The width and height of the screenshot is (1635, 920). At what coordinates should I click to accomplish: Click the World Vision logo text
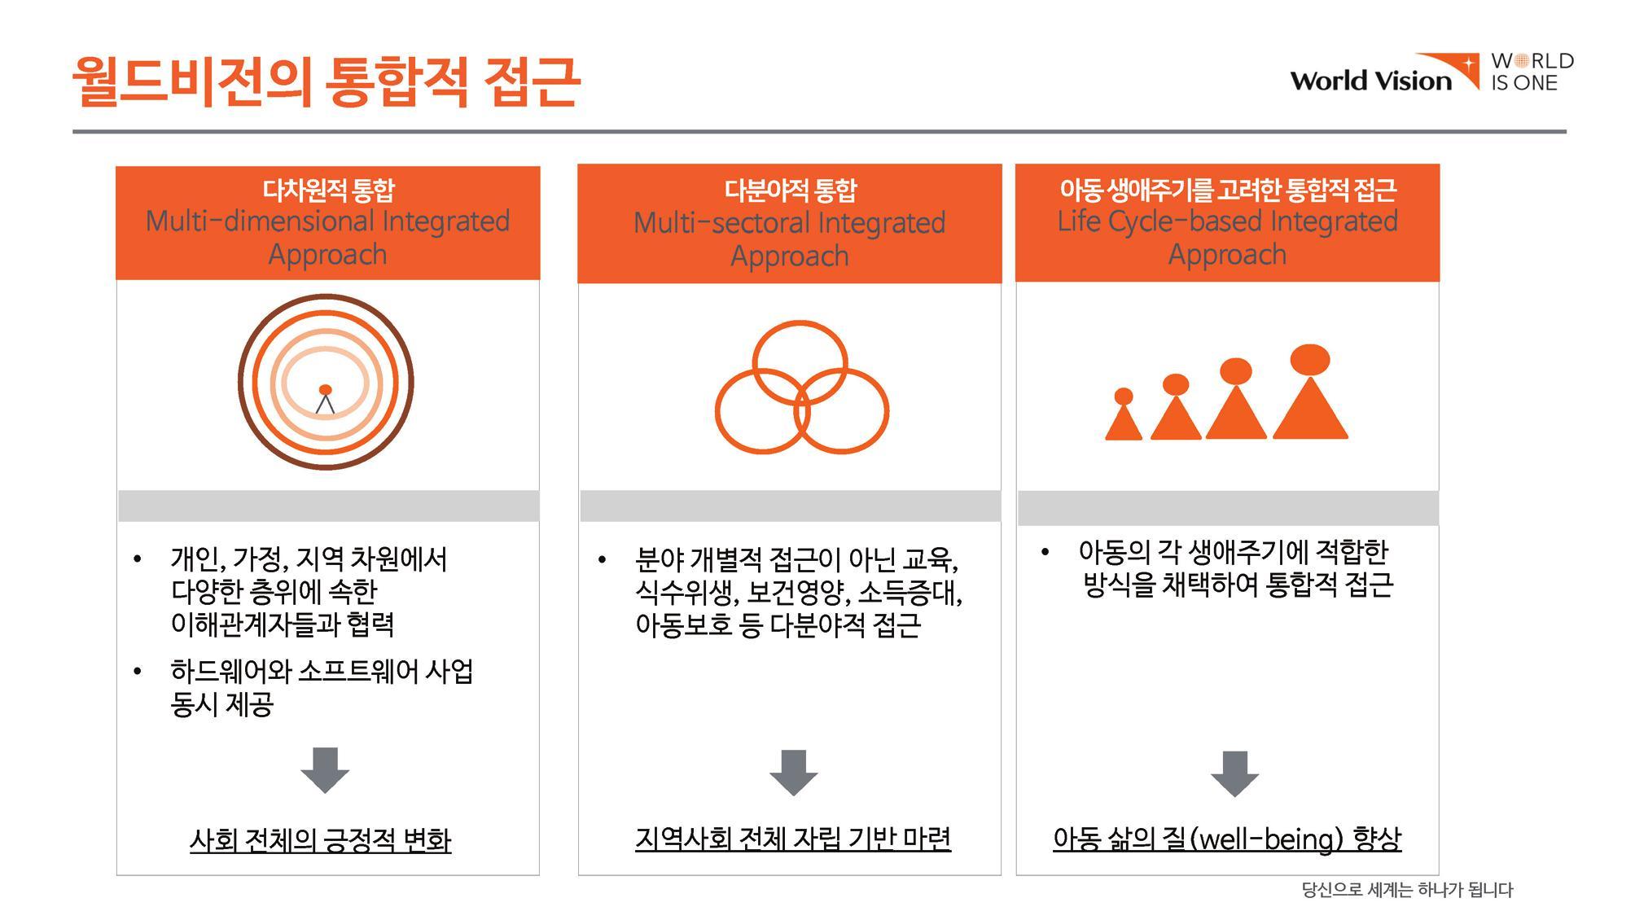[x=1371, y=81]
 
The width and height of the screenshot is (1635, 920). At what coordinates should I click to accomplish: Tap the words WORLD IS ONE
[x=1532, y=72]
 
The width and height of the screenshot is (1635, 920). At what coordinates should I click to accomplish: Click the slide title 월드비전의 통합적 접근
[x=326, y=81]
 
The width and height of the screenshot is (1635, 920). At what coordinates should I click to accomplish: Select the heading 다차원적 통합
[x=328, y=191]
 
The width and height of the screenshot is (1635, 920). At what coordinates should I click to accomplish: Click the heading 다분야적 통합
[x=790, y=191]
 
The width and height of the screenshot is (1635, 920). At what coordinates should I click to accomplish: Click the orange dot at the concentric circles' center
[x=325, y=389]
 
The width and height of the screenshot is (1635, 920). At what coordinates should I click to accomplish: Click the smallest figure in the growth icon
[x=1124, y=414]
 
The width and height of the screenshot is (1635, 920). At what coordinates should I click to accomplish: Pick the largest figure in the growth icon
[x=1310, y=392]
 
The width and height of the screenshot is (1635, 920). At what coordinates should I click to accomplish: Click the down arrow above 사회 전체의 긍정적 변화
[x=325, y=770]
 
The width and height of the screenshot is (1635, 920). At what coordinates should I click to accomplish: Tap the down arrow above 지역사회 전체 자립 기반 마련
[x=793, y=773]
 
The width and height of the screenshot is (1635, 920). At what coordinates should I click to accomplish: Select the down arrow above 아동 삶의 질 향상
[x=1234, y=774]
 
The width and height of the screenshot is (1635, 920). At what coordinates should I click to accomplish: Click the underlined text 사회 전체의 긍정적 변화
[x=320, y=840]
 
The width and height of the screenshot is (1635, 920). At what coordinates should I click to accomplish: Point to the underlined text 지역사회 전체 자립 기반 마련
[x=793, y=839]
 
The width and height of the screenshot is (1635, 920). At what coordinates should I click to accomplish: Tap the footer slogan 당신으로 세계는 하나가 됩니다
[x=1407, y=890]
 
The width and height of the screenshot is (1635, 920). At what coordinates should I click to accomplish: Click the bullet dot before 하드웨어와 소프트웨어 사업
[x=137, y=672]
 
